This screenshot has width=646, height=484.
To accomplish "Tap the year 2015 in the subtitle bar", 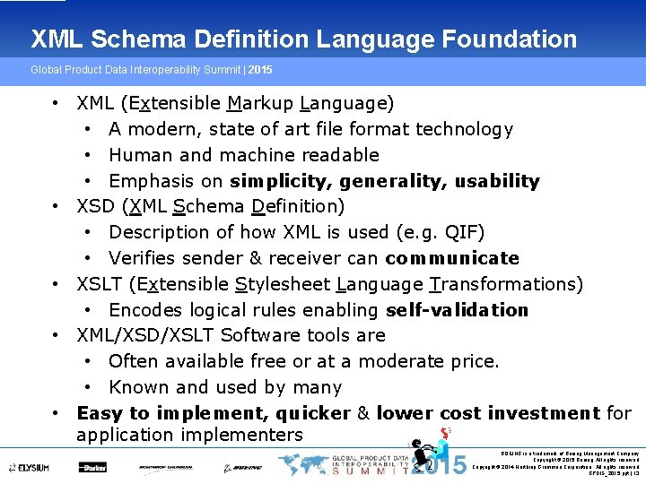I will click(x=260, y=69).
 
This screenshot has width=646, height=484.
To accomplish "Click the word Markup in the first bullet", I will click(x=260, y=103).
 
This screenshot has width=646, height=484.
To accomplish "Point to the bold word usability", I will click(x=496, y=181).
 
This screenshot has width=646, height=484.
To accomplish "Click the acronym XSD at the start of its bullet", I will click(x=96, y=206).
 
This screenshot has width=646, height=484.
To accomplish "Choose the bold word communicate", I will click(x=452, y=258).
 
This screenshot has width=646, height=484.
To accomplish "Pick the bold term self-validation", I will click(x=457, y=310).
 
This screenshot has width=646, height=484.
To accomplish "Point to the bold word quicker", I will click(x=313, y=413).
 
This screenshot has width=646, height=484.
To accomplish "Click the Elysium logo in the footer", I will click(x=30, y=467).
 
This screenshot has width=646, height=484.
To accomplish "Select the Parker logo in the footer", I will click(x=92, y=467).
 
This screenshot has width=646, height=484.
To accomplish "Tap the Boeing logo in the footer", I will click(x=241, y=467).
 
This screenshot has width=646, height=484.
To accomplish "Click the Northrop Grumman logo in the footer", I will click(x=165, y=467).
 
